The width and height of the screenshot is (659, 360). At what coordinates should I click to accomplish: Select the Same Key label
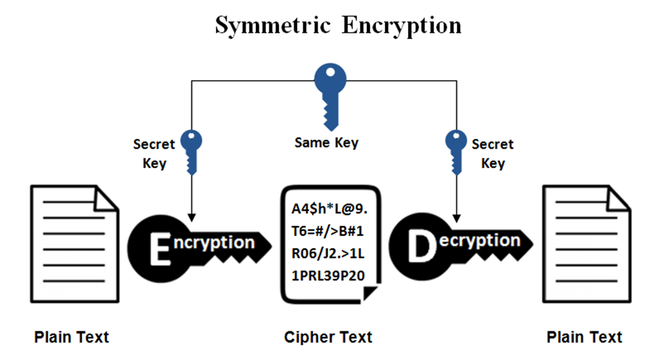click(326, 143)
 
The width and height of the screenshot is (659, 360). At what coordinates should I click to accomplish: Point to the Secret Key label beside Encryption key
click(154, 154)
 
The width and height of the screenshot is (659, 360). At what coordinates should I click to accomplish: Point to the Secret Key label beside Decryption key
click(492, 154)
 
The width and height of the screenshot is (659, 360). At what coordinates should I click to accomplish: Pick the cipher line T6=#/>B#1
click(328, 231)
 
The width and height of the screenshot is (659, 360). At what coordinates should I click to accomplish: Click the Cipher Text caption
click(328, 338)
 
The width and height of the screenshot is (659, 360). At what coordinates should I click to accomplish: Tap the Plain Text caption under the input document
click(72, 338)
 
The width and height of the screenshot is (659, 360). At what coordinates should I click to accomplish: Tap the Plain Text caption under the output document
click(584, 338)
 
